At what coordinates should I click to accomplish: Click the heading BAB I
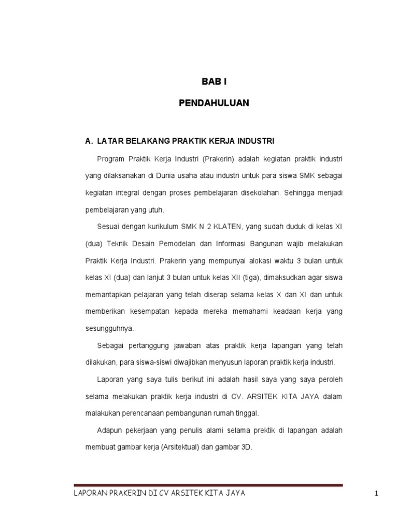click(x=214, y=82)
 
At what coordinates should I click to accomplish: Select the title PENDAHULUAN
click(x=214, y=103)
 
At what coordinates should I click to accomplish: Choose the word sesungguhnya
click(x=102, y=328)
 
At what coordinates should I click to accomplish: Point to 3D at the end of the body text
click(x=246, y=447)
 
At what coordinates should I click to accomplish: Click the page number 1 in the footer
click(x=378, y=494)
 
